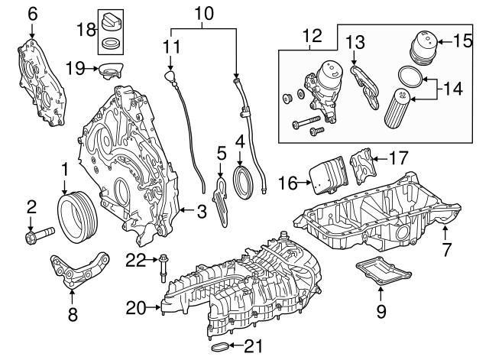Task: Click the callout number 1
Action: (65, 167)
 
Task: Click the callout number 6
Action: (32, 13)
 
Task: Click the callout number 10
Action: (202, 13)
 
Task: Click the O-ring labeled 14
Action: (410, 76)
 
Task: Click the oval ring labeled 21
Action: (220, 349)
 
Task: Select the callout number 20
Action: (136, 308)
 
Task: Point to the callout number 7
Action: (446, 249)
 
